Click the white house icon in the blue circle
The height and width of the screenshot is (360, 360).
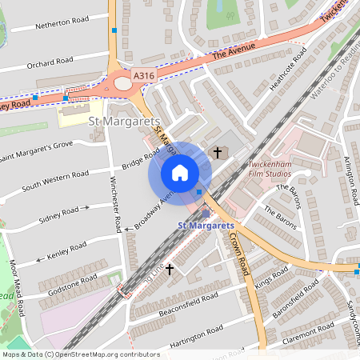[x=180, y=172]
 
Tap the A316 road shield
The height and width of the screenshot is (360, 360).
[x=143, y=75]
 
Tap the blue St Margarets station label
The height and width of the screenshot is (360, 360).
[x=205, y=226]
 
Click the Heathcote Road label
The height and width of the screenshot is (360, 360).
[x=288, y=69]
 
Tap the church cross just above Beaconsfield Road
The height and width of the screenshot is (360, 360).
[x=169, y=270]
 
